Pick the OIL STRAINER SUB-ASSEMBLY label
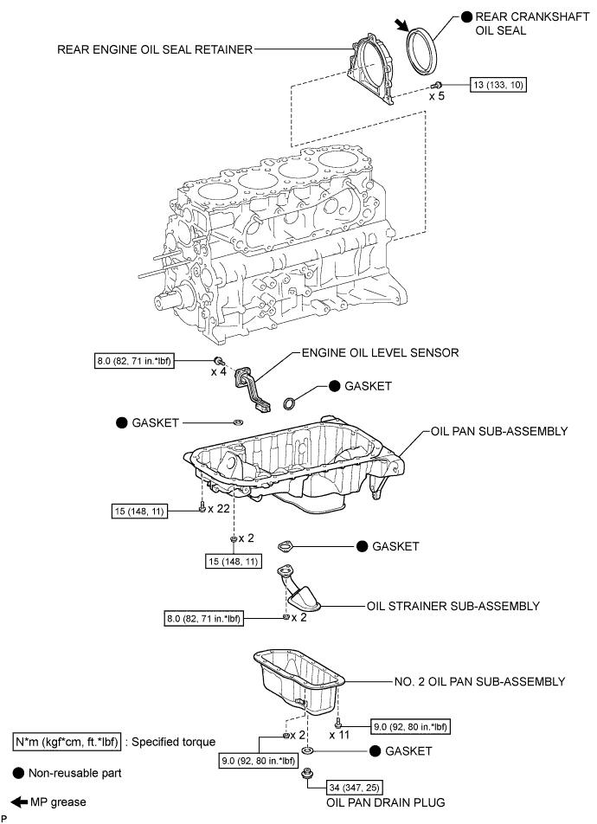click(x=453, y=605)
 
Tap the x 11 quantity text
click(x=341, y=734)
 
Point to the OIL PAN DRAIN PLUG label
click(x=385, y=802)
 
